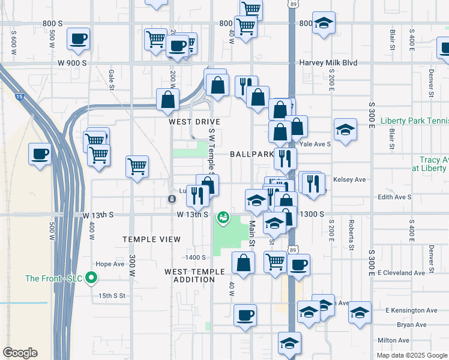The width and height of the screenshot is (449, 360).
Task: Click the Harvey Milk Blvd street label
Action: (x=328, y=63)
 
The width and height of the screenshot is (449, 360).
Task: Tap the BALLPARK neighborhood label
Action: (x=252, y=154)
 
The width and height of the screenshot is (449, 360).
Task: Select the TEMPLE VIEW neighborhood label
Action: (x=151, y=239)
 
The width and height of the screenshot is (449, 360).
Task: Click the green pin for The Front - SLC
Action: (x=91, y=278)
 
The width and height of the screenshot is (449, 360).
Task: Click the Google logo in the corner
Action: (x=20, y=353)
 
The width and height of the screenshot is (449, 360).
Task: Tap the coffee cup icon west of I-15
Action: (x=40, y=154)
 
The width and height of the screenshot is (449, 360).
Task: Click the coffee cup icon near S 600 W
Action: (x=78, y=40)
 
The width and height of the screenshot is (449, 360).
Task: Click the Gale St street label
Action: (x=112, y=76)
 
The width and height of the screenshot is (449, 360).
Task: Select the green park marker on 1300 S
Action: (x=223, y=217)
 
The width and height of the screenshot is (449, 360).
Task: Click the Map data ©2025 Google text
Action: (x=411, y=355)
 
